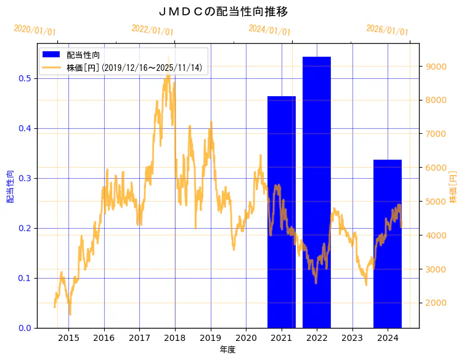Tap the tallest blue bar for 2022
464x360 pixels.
[x=317, y=192]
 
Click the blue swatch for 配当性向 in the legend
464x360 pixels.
[x=51, y=55]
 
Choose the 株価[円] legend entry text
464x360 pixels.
[x=134, y=68]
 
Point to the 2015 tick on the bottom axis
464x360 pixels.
[x=68, y=338]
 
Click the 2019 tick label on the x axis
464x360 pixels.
[x=211, y=338]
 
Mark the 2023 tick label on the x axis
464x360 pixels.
[x=352, y=338]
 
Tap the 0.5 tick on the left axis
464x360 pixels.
[x=25, y=78]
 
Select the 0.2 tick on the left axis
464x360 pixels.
[x=25, y=228]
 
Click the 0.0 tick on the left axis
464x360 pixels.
[x=25, y=328]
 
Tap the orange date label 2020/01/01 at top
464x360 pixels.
[x=35, y=30]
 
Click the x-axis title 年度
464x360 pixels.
[x=227, y=350]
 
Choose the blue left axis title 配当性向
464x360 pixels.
[x=10, y=187]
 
